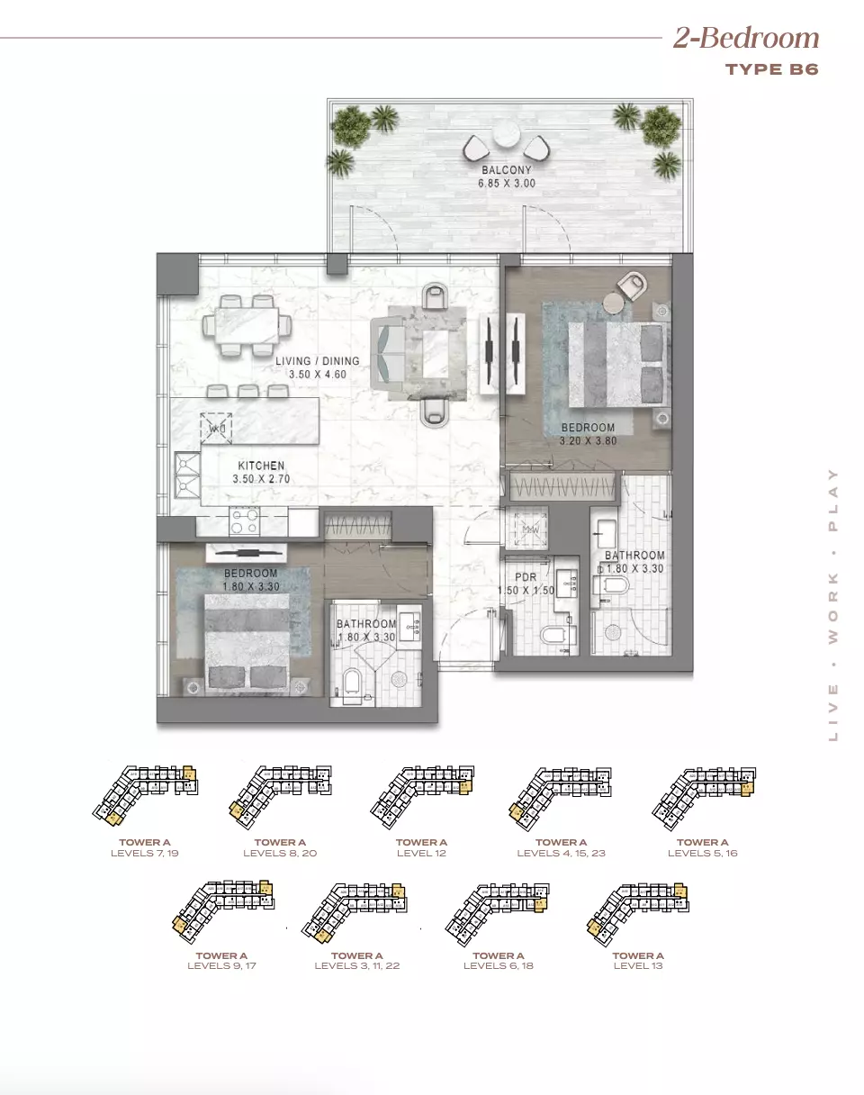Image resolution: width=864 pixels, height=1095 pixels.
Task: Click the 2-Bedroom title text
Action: tap(746, 38)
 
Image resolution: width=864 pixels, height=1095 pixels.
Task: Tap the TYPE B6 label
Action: tap(771, 69)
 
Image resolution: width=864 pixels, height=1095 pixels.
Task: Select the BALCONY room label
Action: tap(506, 169)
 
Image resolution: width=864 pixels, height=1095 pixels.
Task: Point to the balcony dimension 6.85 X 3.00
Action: tap(506, 183)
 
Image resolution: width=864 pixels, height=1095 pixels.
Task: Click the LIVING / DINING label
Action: tap(317, 361)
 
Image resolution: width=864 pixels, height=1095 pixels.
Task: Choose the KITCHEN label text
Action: tap(261, 466)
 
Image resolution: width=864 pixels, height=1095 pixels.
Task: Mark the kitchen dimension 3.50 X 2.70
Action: tap(261, 480)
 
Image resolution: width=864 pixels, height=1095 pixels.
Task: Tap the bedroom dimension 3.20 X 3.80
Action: tap(588, 441)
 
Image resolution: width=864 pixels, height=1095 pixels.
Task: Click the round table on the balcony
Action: tap(506, 136)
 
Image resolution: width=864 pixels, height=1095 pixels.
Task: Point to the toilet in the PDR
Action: tap(554, 637)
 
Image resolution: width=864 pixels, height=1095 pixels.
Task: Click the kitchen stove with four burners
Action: tap(246, 520)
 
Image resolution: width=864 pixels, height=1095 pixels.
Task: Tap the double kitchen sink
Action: tap(187, 475)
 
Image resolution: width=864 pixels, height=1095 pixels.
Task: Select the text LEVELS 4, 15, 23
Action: tap(561, 853)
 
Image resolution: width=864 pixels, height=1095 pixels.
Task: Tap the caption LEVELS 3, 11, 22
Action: tap(356, 965)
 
